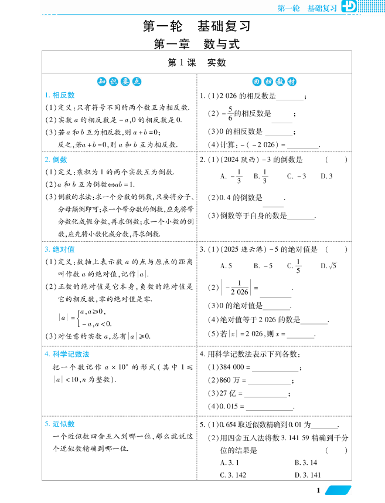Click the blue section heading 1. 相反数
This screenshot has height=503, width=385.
(60, 95)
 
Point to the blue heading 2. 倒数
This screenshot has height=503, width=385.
(56, 159)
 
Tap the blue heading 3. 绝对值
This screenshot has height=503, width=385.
(60, 249)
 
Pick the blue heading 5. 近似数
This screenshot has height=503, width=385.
(60, 424)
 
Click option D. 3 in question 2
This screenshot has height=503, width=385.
(326, 175)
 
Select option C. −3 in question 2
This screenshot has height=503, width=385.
(297, 175)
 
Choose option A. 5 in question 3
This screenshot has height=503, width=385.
(226, 266)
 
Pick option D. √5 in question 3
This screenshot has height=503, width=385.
(329, 266)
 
